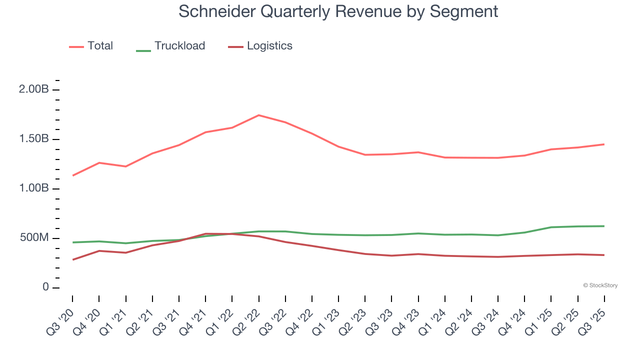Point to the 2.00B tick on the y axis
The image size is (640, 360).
tap(34, 90)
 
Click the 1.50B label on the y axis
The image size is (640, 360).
tap(34, 139)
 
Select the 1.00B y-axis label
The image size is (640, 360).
tap(34, 188)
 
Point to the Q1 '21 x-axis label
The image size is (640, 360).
tap(114, 320)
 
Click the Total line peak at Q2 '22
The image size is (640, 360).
tap(258, 115)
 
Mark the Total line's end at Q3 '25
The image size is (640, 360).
tap(604, 144)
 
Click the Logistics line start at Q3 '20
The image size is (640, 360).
tap(72, 259)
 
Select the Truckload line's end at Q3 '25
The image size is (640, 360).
tap(604, 226)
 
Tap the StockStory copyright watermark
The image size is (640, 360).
tap(600, 285)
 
